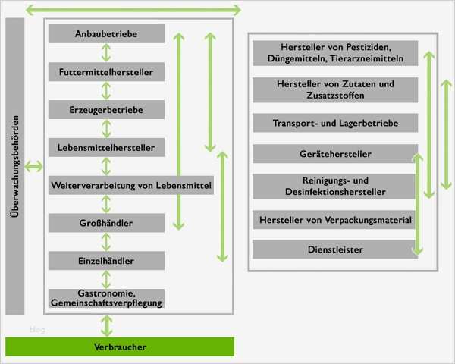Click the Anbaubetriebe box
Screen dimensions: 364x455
[105, 34]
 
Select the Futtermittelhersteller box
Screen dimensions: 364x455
[105, 73]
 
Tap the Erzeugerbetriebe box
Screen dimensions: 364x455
[105, 110]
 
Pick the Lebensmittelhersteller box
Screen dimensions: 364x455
[105, 147]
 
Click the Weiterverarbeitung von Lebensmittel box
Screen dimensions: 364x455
[130, 184]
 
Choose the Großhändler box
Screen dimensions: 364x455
[105, 223]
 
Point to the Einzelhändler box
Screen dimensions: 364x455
[105, 261]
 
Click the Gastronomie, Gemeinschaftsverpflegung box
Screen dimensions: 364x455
[105, 298]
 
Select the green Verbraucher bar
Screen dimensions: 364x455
[120, 347]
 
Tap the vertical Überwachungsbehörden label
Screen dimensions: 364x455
[15, 166]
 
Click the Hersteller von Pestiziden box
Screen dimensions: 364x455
[335, 52]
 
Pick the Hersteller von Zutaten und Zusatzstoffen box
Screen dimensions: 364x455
[335, 89]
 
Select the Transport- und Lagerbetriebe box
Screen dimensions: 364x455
[335, 123]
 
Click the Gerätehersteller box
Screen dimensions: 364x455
[335, 154]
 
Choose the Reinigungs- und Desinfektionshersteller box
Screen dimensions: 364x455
[335, 187]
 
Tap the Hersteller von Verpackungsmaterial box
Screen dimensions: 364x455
[335, 220]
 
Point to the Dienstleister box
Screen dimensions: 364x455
[335, 249]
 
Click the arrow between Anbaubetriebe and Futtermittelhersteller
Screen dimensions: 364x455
[105, 53]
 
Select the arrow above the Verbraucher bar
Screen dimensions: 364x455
[105, 325]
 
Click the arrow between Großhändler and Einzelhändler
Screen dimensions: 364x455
[105, 242]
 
